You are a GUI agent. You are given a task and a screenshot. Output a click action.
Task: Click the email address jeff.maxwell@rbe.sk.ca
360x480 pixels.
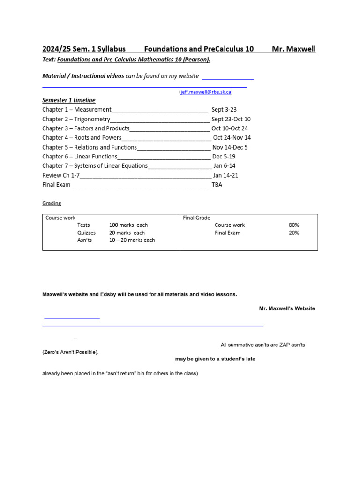[206, 92]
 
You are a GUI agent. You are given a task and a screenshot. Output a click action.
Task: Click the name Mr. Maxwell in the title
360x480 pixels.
[293, 49]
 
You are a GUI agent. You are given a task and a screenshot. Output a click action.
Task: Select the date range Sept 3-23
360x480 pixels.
[224, 109]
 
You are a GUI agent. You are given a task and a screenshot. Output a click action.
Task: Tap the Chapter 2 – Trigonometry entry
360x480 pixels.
[76, 119]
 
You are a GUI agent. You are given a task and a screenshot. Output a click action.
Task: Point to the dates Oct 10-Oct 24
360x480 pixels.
[230, 128]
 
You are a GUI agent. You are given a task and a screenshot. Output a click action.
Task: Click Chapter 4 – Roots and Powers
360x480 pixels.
[82, 138]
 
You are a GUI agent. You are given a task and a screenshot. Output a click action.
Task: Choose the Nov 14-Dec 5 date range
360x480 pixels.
[230, 147]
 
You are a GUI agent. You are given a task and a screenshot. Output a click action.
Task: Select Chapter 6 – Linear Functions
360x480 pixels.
[80, 157]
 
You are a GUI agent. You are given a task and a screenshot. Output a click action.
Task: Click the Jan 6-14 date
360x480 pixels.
[224, 166]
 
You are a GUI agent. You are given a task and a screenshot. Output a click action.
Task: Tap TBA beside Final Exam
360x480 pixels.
[217, 185]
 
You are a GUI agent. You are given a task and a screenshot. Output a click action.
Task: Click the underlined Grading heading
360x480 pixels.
[52, 203]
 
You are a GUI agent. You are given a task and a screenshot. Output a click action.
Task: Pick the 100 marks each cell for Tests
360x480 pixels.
[128, 225]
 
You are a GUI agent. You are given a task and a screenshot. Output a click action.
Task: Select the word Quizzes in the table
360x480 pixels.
[86, 232]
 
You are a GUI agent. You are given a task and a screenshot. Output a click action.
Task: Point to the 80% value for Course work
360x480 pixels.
[294, 225]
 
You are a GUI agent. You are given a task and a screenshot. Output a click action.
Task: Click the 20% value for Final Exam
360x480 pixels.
[294, 232]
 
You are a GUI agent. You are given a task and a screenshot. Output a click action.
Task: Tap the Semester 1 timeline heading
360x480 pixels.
[69, 100]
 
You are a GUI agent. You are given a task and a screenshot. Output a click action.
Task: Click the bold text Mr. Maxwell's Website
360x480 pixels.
[287, 308]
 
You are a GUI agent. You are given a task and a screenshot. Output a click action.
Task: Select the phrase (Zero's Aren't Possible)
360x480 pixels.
[70, 352]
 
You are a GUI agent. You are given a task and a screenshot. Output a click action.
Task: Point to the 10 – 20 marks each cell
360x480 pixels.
[132, 240]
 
